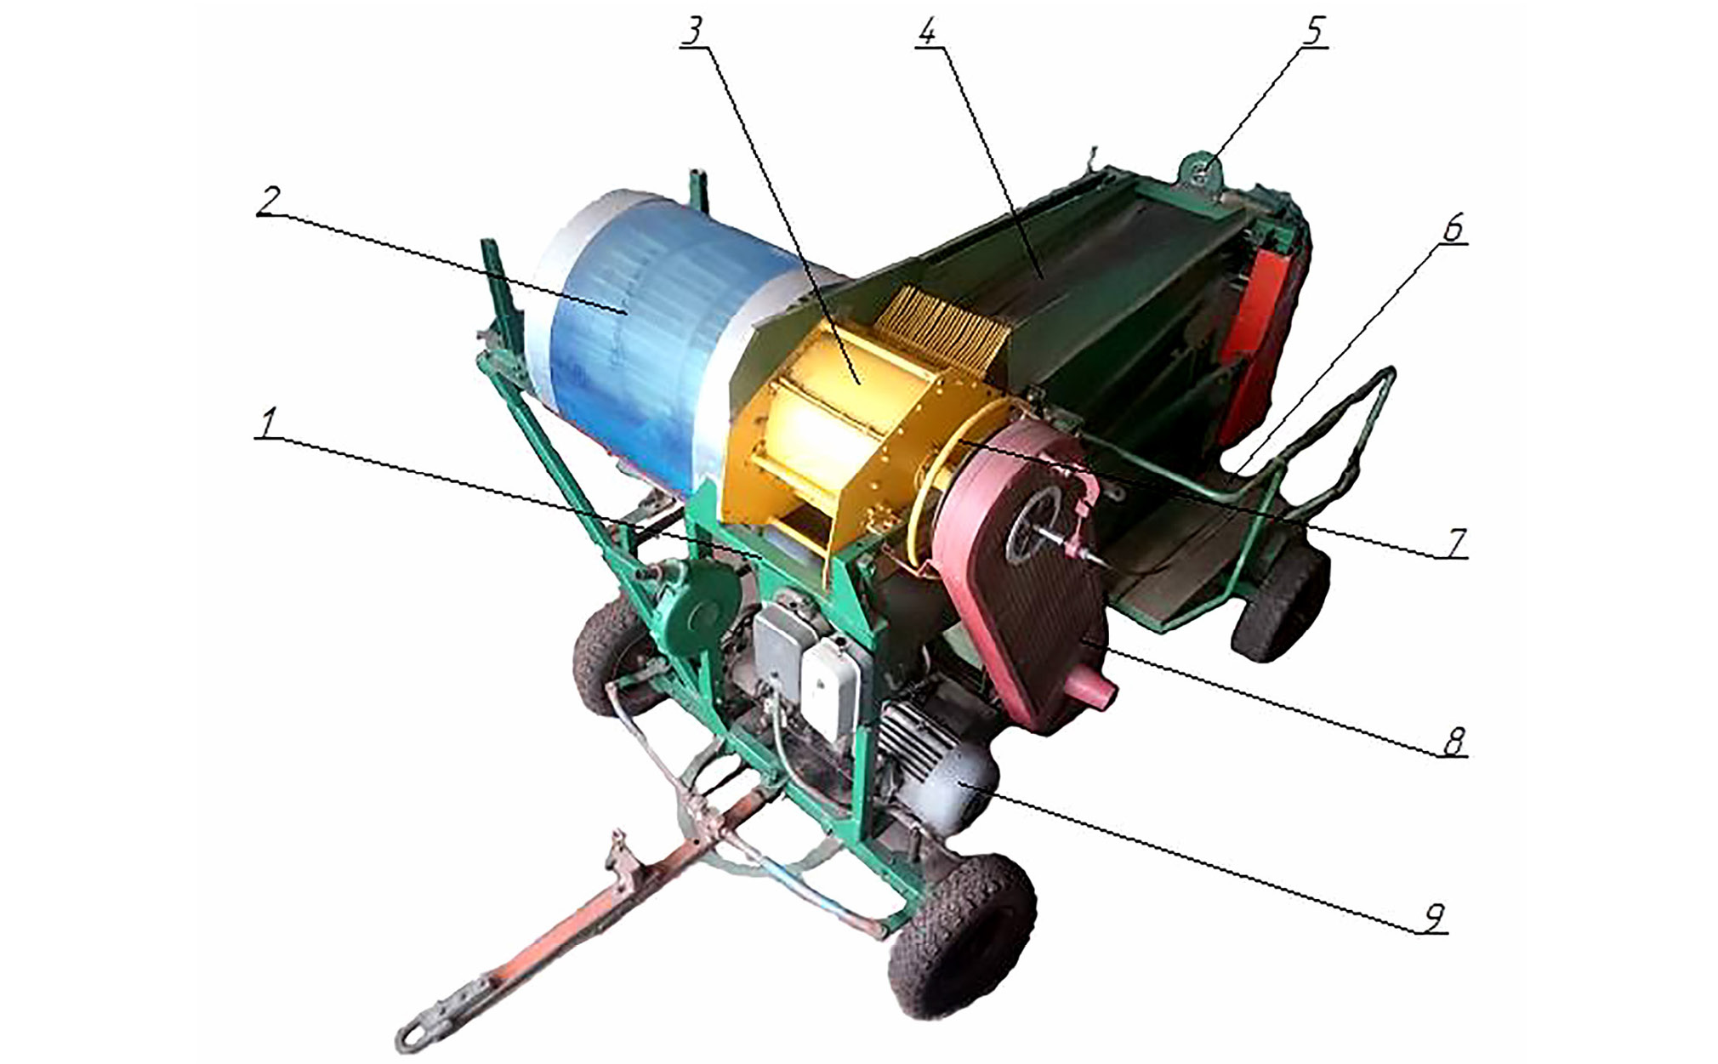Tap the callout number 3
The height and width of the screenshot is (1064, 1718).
695,32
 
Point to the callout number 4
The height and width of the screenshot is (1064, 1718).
928,32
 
